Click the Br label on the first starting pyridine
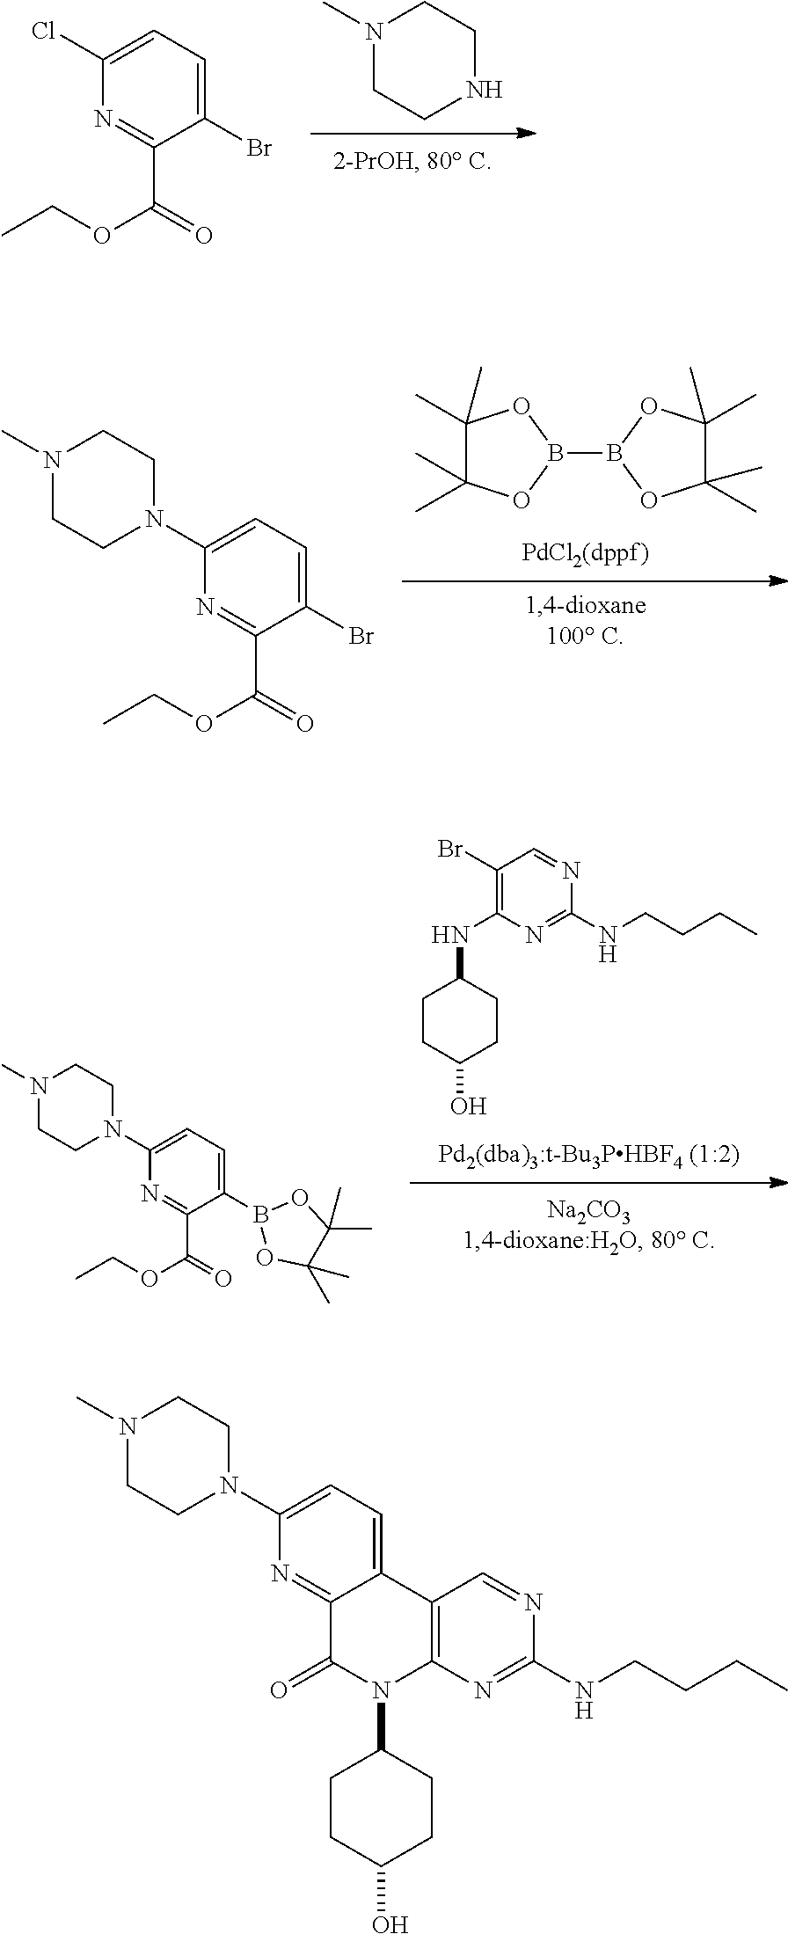(x=258, y=148)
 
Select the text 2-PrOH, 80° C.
(x=412, y=164)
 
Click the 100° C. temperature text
(x=584, y=637)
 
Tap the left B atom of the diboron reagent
(x=554, y=455)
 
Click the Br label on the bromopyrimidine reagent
(x=450, y=850)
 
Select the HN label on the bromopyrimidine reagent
(x=446, y=935)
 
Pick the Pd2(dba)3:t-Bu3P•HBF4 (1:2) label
(x=588, y=1155)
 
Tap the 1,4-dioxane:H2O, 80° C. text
(x=588, y=1241)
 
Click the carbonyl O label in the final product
(x=279, y=1688)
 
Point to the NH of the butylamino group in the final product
(x=582, y=1697)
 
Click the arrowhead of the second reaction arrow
(x=778, y=581)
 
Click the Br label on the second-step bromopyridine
(x=361, y=635)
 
